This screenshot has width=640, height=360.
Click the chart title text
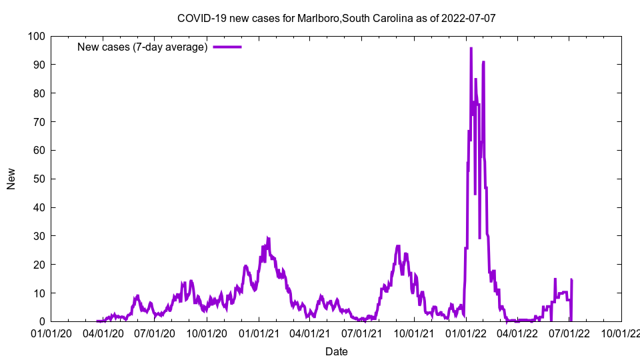coord(336,18)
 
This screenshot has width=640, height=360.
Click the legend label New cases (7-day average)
coord(142,47)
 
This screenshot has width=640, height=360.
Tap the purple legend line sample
coord(227,47)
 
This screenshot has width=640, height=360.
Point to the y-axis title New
coord(11,179)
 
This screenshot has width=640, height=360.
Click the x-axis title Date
coord(336,351)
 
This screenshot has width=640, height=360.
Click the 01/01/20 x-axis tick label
coord(51,332)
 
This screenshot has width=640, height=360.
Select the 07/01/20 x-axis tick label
coord(155,332)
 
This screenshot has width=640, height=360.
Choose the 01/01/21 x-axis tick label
coord(259,332)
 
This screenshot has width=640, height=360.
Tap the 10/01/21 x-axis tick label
coord(414,332)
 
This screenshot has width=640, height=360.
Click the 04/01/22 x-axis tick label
coord(517,332)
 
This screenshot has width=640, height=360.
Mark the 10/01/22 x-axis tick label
coord(621,332)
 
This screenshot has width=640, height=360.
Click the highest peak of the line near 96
coord(471,48)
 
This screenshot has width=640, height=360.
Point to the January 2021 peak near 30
coord(267,237)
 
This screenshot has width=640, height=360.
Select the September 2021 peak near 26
coord(398,246)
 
